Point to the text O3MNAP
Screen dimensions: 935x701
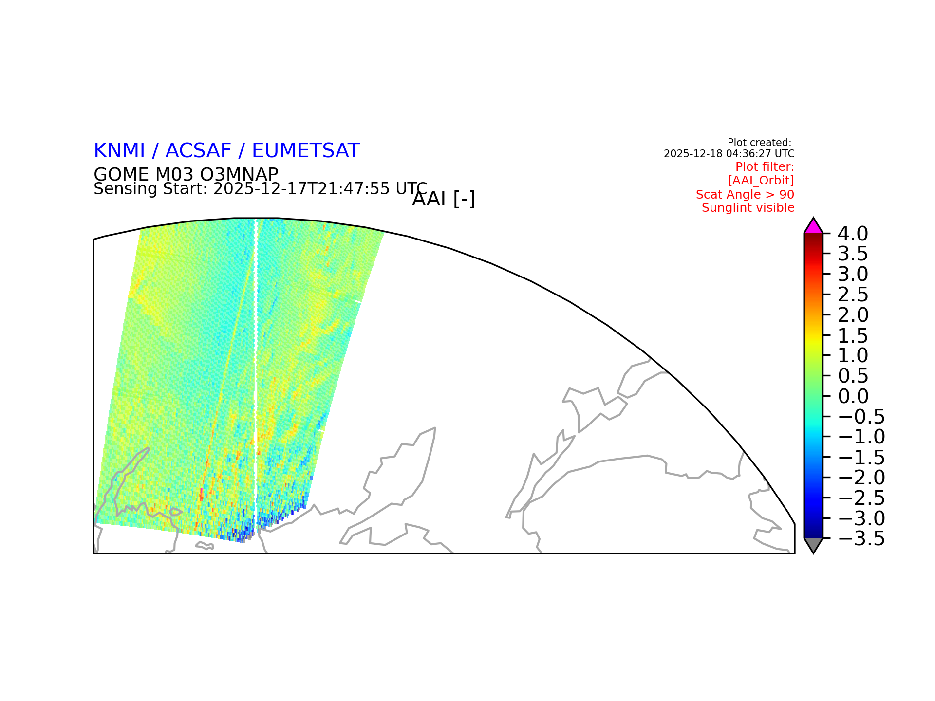click(239, 174)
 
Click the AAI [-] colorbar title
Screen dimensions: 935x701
click(444, 199)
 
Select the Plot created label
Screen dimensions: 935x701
click(759, 143)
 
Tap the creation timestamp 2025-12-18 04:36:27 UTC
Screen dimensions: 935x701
click(729, 154)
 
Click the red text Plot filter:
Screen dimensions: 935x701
click(765, 167)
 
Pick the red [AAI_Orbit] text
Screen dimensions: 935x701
click(761, 181)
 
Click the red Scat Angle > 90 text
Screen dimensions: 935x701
click(745, 194)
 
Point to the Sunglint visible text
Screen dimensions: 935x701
click(748, 208)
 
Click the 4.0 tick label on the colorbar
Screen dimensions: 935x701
click(853, 234)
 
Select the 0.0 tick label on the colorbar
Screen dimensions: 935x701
click(853, 396)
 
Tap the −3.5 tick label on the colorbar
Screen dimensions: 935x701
click(861, 539)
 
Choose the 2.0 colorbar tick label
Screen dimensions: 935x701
click(853, 315)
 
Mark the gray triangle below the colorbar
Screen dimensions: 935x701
click(813, 545)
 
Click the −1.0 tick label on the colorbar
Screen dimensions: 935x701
click(861, 437)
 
